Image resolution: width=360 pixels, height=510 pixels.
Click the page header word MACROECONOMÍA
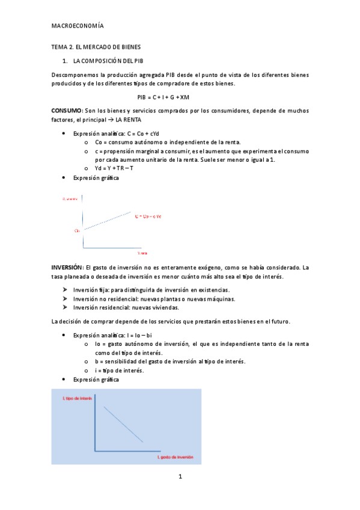78,26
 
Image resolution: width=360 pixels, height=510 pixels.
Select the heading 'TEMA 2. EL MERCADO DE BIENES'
96,47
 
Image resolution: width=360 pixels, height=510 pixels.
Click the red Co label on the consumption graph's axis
77,230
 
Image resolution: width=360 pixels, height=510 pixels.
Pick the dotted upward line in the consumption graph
107,221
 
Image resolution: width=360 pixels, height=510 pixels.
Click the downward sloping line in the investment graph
124,425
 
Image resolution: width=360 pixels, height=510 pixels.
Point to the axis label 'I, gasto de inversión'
175,457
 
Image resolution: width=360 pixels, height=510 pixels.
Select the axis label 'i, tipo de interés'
77,399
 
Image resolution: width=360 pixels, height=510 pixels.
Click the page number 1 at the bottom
180,477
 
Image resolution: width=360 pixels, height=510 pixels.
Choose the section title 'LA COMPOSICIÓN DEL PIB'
108,61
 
